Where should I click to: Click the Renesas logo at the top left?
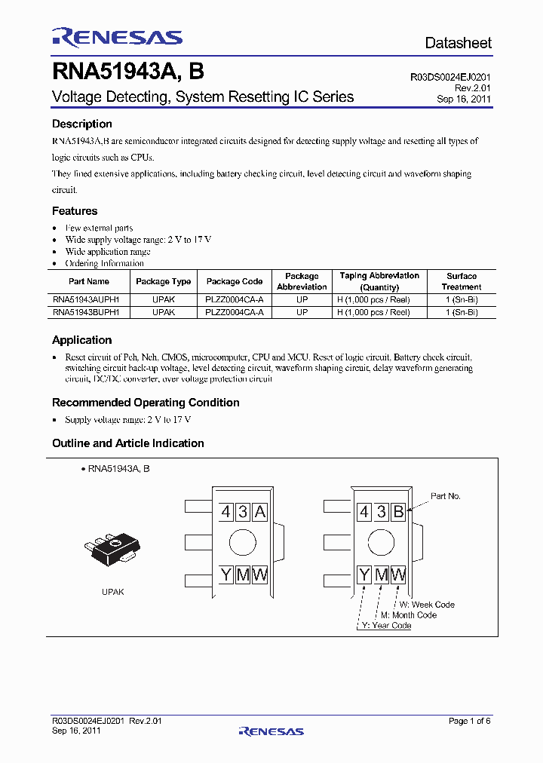click(117, 37)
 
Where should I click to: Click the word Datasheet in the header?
click(458, 43)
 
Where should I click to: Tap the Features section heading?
click(75, 211)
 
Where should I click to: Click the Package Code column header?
click(235, 281)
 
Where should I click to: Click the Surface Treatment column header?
click(462, 281)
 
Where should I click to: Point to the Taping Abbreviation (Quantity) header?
click(379, 281)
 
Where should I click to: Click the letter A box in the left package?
click(259, 513)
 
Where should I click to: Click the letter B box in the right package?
click(398, 513)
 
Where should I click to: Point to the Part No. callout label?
click(446, 496)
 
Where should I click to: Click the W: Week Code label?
click(427, 605)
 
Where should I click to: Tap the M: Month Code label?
click(409, 615)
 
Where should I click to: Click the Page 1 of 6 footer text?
click(469, 721)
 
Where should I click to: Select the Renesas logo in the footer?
click(271, 731)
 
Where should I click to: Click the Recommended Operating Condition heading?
click(146, 403)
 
